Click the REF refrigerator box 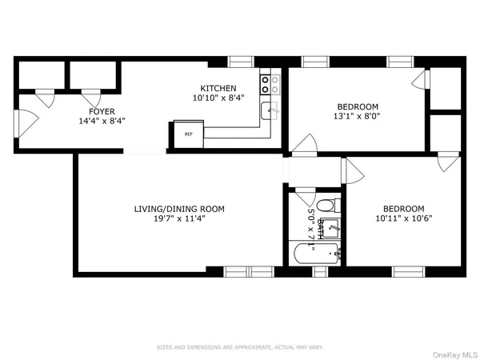pos(189,134)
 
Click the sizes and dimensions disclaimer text pos(241,347)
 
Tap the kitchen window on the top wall pos(241,61)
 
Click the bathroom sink pos(335,230)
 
